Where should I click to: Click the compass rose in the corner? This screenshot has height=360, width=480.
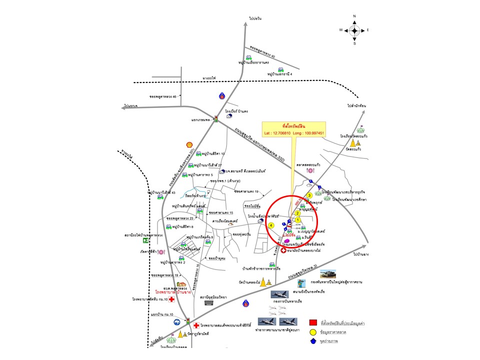[354, 30]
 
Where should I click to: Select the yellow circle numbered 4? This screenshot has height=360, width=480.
[271, 225]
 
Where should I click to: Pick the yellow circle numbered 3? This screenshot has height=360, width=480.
[309, 195]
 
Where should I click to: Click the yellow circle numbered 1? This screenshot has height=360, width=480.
[298, 219]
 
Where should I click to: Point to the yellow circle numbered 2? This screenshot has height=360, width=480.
[297, 213]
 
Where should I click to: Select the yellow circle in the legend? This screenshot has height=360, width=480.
[313, 331]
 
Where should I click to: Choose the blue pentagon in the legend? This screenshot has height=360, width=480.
[313, 341]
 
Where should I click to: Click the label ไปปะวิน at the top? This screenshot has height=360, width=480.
[255, 18]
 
